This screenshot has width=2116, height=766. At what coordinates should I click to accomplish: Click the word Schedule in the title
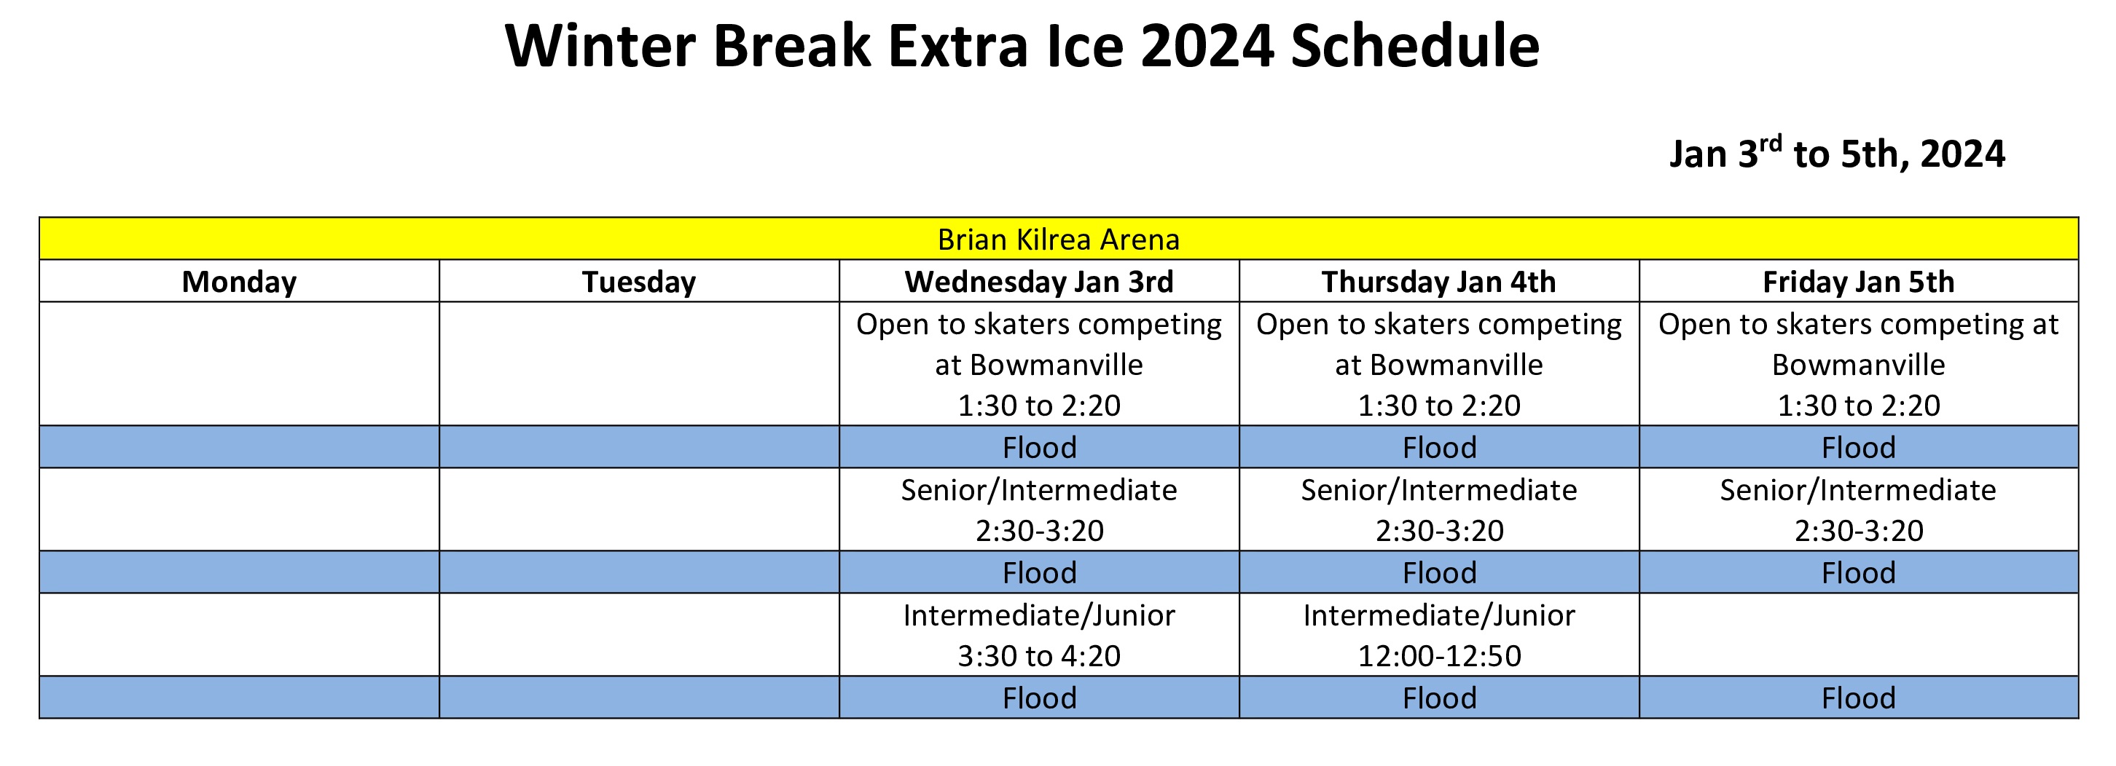pos(1414,46)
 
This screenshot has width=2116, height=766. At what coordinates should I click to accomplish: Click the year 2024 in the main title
pos(1207,46)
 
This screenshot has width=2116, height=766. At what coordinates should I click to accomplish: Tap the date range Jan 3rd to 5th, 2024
pos(1838,153)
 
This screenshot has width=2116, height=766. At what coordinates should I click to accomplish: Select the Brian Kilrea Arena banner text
pos(1058,239)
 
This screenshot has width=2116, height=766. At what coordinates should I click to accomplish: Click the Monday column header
pos(239,282)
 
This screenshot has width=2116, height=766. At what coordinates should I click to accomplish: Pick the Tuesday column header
pos(639,282)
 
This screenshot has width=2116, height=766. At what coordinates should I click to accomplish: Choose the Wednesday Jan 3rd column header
pos(1039,282)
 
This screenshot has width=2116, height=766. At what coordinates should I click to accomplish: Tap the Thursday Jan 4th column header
pos(1439,282)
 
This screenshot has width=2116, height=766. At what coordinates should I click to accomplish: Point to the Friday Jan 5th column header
pos(1859,282)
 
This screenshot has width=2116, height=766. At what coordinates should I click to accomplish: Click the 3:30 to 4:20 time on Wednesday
pos(1039,655)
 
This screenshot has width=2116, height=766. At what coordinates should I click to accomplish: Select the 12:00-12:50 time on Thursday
pos(1439,655)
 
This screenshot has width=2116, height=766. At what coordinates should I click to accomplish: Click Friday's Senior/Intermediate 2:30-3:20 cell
pos(1859,510)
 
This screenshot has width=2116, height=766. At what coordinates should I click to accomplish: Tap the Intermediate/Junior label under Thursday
pos(1439,615)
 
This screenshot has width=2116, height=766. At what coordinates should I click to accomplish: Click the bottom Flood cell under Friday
pos(1859,698)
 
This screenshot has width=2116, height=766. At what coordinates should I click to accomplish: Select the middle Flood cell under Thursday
pos(1439,572)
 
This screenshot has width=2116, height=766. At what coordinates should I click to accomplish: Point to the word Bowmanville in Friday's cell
pos(1859,365)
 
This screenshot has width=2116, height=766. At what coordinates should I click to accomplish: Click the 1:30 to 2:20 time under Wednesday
pos(1039,406)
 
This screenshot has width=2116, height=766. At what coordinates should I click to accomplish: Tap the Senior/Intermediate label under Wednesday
pos(1039,490)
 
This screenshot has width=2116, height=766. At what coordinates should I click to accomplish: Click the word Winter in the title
pos(600,46)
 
